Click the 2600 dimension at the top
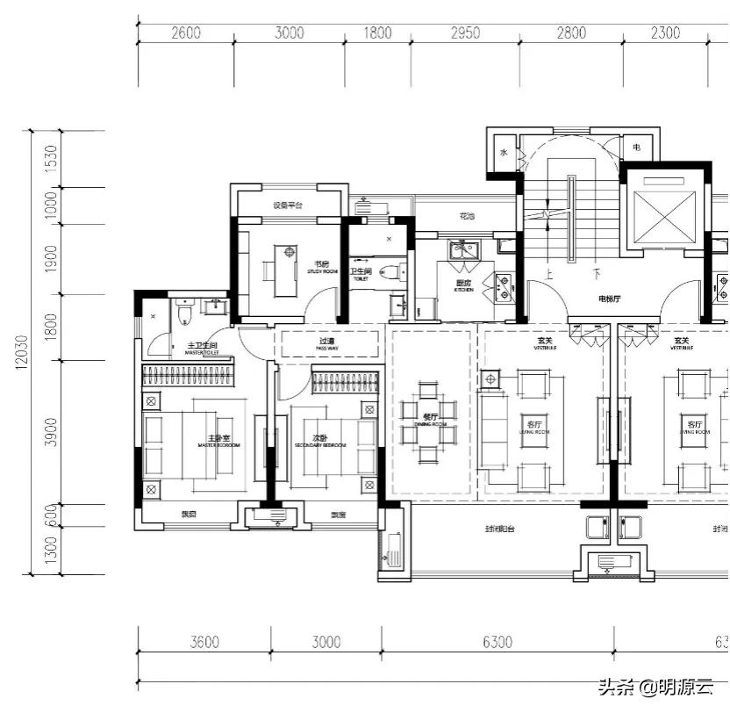click(x=186, y=33)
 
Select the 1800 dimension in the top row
click(x=377, y=33)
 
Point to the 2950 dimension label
click(x=465, y=33)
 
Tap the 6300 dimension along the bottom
click(x=497, y=642)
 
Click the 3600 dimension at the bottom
click(x=204, y=642)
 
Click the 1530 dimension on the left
click(x=51, y=158)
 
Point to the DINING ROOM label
click(x=431, y=421)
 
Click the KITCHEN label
click(x=464, y=285)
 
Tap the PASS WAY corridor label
click(x=326, y=343)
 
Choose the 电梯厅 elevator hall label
click(x=610, y=299)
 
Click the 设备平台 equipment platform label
click(x=287, y=205)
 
